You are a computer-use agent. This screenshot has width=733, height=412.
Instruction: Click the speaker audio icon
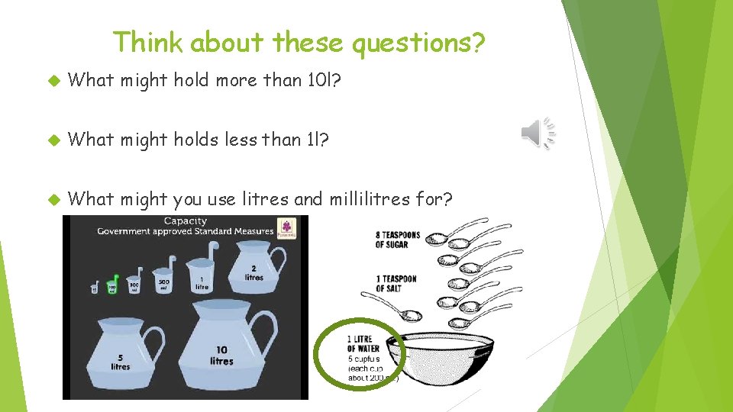coord(538,134)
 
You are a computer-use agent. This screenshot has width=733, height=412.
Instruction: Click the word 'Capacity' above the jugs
coord(186,221)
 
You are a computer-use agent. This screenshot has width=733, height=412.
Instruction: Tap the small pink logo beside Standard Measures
coord(288,227)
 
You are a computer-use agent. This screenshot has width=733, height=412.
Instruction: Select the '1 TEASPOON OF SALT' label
coord(396,283)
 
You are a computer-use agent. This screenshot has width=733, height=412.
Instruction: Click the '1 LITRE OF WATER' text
coord(363,343)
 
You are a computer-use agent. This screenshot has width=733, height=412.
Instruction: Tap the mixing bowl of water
coord(451,362)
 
